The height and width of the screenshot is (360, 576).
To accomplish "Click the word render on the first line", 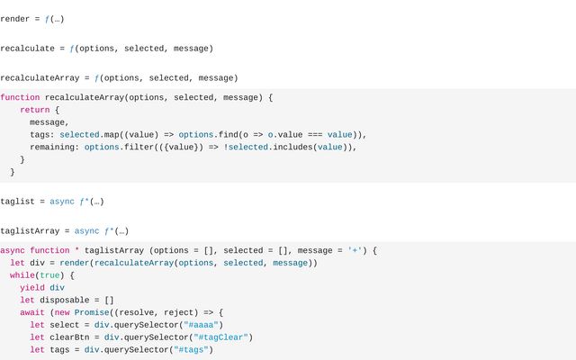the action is click(14, 19).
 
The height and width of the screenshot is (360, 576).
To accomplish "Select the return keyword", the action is click(35, 110).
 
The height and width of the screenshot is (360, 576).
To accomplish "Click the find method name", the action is click(228, 135).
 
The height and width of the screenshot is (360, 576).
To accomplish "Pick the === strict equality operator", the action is click(315, 135).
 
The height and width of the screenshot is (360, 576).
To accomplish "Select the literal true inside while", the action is click(49, 275).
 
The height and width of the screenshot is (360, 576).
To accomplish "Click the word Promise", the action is click(92, 312).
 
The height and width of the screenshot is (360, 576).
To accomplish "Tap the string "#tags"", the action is click(191, 350).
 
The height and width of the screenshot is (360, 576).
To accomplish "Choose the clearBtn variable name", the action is click(69, 337).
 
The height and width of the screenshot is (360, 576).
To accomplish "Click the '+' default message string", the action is click(355, 250).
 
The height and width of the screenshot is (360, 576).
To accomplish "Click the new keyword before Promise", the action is click(62, 312).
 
